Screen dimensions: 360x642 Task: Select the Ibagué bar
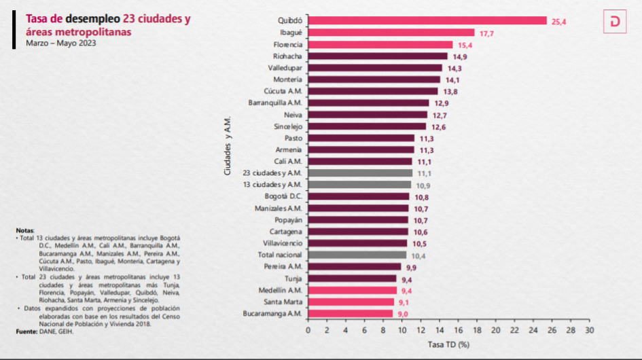click(x=391, y=33)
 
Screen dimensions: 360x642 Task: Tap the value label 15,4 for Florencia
click(x=465, y=44)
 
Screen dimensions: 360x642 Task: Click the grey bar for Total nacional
click(x=357, y=255)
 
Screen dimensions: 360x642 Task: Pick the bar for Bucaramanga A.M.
click(x=350, y=313)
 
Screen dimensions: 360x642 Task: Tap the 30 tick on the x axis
click(x=589, y=329)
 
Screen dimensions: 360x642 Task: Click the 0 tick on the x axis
click(x=308, y=329)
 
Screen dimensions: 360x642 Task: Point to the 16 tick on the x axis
click(x=458, y=329)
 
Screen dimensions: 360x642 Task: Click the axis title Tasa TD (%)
click(x=448, y=344)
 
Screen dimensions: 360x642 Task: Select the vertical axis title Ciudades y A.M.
click(x=230, y=145)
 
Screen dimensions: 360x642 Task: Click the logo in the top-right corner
click(x=615, y=22)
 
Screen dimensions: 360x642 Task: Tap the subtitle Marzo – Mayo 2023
click(x=61, y=43)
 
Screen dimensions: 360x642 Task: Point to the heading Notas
click(x=24, y=231)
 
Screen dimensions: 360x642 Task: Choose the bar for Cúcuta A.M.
click(x=373, y=91)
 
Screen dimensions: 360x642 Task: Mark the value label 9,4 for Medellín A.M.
click(x=405, y=290)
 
